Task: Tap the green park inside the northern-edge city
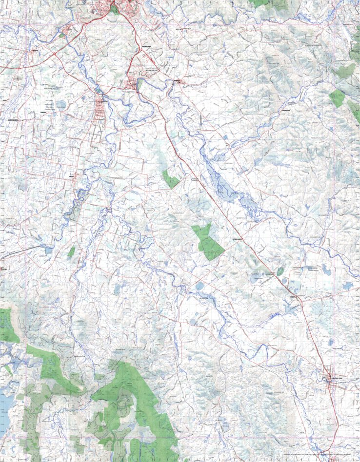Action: pyautogui.click(x=115, y=9)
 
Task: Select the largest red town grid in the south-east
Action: pyautogui.click(x=333, y=379)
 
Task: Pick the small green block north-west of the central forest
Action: pyautogui.click(x=171, y=179)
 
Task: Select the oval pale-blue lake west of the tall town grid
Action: pyautogui.click(x=60, y=104)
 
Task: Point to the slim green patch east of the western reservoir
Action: pyautogui.click(x=71, y=251)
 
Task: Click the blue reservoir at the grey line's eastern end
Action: pyautogui.click(x=48, y=250)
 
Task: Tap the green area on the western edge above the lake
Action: pyautogui.click(x=7, y=324)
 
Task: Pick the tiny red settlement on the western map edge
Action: pyautogui.click(x=2, y=269)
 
